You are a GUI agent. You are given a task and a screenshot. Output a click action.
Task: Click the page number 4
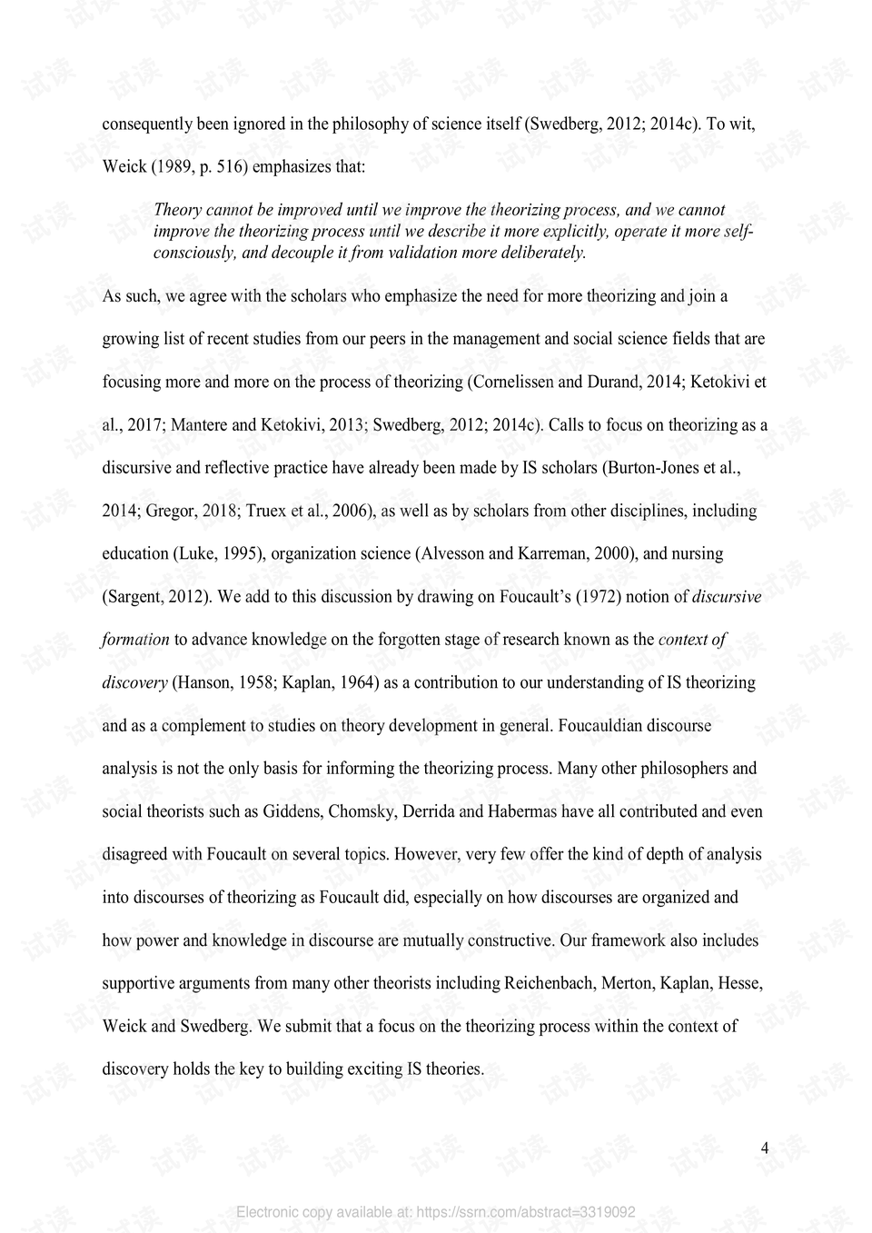click(765, 1148)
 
